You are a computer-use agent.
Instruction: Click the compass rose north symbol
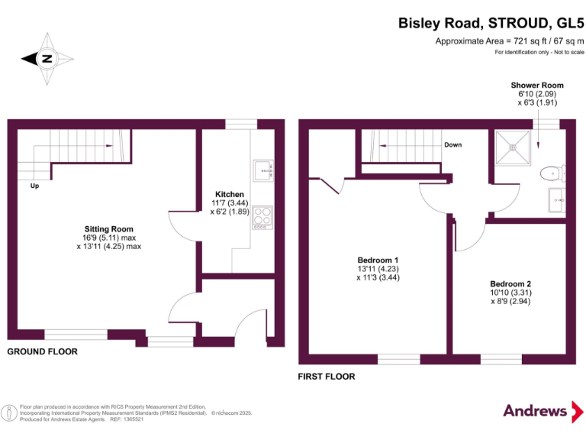point(47,58)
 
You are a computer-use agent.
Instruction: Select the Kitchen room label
point(230,195)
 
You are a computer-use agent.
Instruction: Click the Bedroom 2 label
point(510,284)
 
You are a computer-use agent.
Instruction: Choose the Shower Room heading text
point(536,85)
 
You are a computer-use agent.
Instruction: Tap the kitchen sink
point(264,169)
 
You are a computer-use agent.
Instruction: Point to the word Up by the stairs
point(34,186)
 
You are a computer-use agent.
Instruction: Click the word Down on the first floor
point(452,144)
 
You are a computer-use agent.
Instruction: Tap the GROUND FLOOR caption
point(43,352)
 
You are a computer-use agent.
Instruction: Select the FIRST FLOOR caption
point(327,377)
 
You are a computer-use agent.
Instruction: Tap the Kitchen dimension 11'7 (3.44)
point(230,204)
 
